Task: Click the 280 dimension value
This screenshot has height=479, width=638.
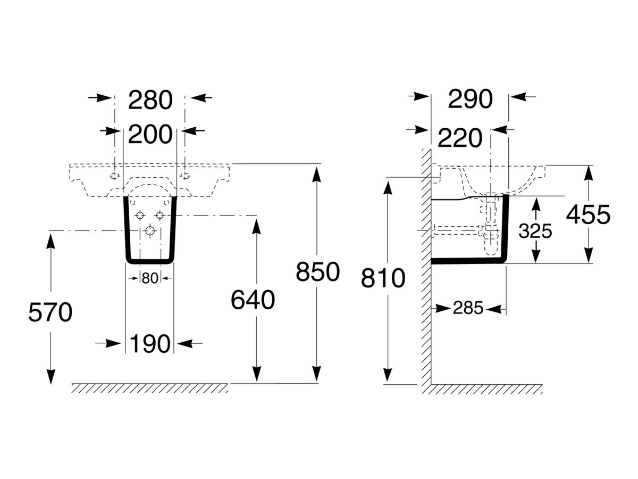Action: pyautogui.click(x=150, y=101)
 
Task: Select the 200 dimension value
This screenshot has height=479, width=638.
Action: pyautogui.click(x=150, y=134)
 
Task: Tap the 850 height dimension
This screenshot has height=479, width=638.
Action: pyautogui.click(x=317, y=272)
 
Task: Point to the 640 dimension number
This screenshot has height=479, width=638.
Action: pyautogui.click(x=253, y=301)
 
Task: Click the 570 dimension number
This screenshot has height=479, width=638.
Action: pyautogui.click(x=50, y=313)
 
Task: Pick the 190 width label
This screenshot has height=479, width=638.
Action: pyautogui.click(x=149, y=344)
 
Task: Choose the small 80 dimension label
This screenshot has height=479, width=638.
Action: pyautogui.click(x=150, y=278)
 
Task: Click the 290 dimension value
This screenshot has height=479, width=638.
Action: pyautogui.click(x=471, y=100)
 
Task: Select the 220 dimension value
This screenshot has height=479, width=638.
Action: pyautogui.click(x=460, y=138)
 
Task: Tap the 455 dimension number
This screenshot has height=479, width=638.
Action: pyautogui.click(x=588, y=215)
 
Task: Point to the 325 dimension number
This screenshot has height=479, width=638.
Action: pyautogui.click(x=535, y=230)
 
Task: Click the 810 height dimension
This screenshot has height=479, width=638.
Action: pyautogui.click(x=383, y=278)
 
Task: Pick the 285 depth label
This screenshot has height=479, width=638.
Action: pyautogui.click(x=468, y=308)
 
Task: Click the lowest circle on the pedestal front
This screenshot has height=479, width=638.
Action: pyautogui.click(x=150, y=231)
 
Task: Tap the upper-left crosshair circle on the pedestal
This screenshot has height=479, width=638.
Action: pyautogui.click(x=140, y=215)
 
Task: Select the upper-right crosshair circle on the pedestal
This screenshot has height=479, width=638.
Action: pyautogui.click(x=159, y=215)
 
